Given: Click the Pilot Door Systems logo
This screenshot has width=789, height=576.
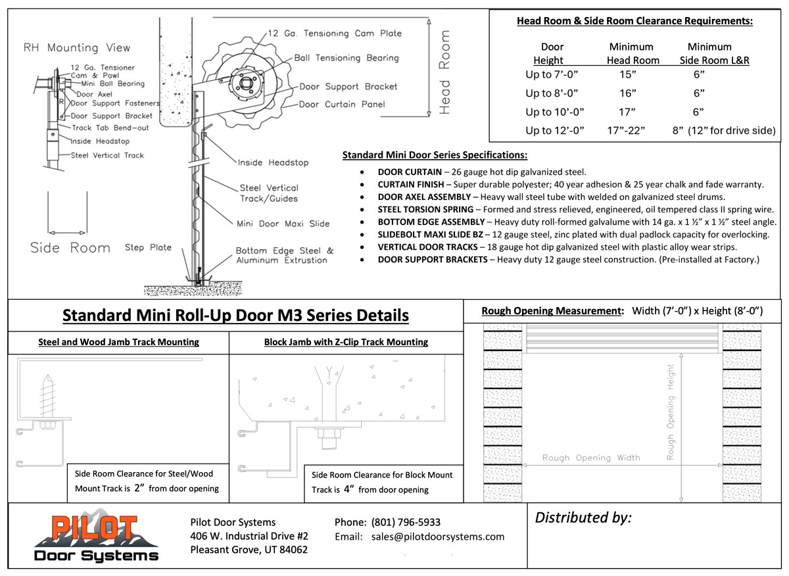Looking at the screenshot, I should coord(96,538).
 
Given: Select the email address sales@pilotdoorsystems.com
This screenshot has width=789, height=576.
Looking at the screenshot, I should coord(437,537).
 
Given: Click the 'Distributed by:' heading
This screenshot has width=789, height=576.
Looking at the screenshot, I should coord(583,517).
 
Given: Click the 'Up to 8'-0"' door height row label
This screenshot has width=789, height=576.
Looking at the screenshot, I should coord(552,93).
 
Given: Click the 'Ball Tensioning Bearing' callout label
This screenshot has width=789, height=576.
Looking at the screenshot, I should coord(347,58).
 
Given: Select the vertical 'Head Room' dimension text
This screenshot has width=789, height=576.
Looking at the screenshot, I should coord(445,72).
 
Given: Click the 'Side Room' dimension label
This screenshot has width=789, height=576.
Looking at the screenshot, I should coord(70,248).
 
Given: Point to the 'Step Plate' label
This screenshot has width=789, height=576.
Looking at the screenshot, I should coord(148,247).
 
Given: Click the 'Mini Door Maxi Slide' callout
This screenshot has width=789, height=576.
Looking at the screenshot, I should coord(283,224).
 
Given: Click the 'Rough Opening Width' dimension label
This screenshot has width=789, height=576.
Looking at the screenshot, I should coord(590,458).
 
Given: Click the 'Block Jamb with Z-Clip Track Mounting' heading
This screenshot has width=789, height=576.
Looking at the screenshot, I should coord(346,342).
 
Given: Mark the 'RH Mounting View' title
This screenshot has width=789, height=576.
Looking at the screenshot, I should coord(77,48).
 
